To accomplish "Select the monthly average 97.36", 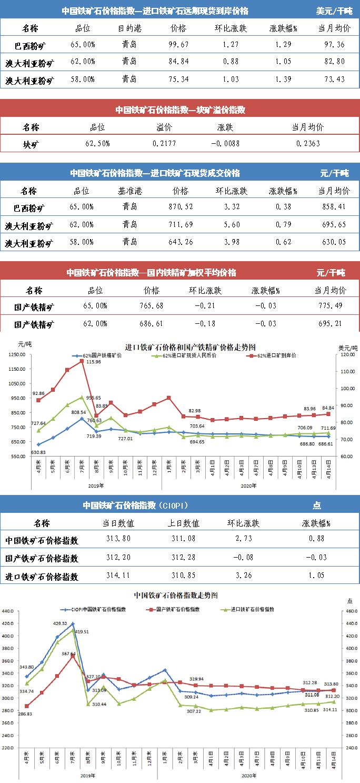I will coord(333,45).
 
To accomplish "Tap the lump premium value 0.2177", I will coord(162,143).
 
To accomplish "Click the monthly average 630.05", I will coord(333,243).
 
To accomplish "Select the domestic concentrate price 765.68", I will coord(152,306).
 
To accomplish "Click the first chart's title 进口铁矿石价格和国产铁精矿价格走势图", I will coord(190,347).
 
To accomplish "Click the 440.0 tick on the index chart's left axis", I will coord(11,611).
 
